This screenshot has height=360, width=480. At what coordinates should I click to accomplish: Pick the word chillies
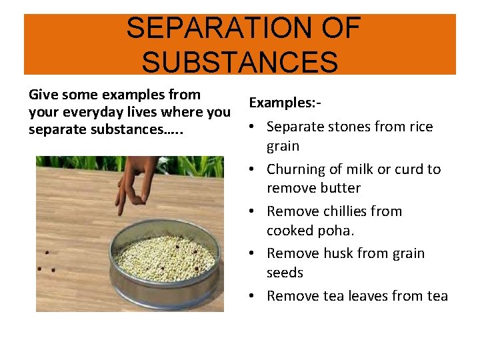[x=347, y=211]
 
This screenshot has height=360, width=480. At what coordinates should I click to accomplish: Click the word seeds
[x=285, y=273]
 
